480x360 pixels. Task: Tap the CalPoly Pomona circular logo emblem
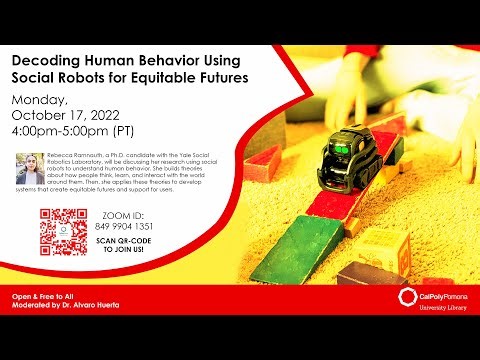coord(406,297)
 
